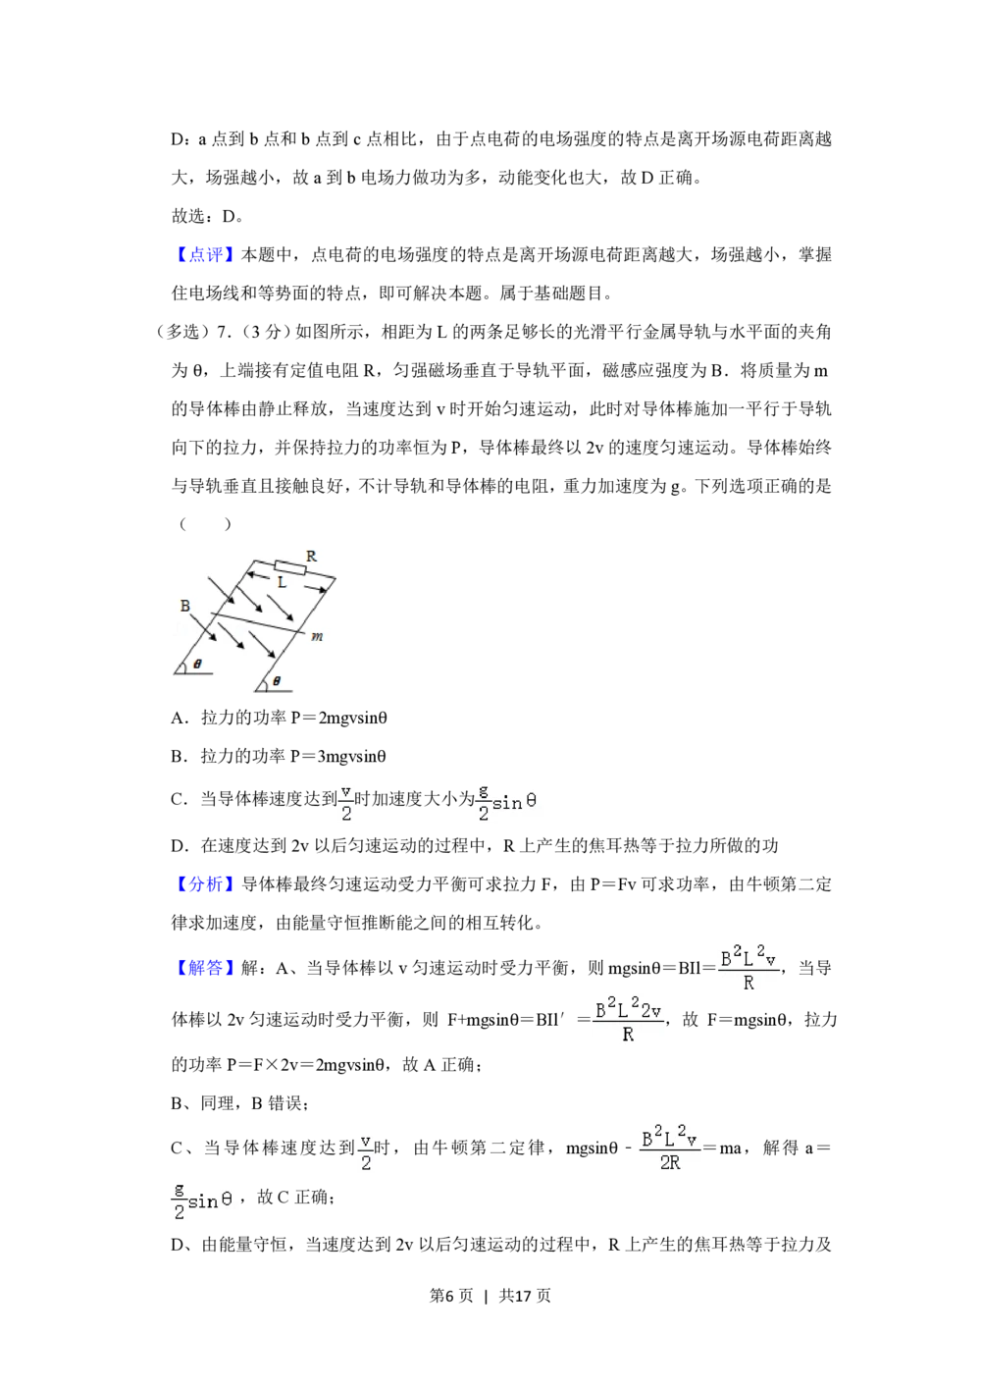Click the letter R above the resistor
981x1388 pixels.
click(x=311, y=557)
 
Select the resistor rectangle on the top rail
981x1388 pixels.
click(x=289, y=566)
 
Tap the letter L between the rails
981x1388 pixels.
click(x=282, y=582)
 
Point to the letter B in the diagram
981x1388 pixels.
click(x=184, y=607)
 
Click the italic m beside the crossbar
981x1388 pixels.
click(x=317, y=637)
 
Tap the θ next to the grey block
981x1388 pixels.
click(x=276, y=680)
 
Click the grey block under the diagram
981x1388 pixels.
click(x=274, y=694)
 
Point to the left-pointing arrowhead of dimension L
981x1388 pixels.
click(x=250, y=576)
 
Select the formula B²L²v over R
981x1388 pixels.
click(x=749, y=966)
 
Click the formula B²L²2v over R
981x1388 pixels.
click(x=628, y=1021)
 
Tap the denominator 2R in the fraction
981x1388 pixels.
click(x=670, y=1163)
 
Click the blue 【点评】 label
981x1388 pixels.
click(x=204, y=256)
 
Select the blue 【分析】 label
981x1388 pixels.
click(x=204, y=884)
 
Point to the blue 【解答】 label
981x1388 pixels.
click(x=204, y=970)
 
